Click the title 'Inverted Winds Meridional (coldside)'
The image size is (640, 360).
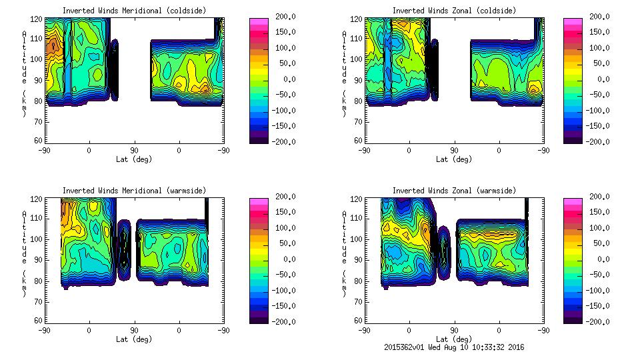tap(134, 11)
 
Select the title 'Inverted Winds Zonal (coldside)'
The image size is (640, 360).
tap(454, 11)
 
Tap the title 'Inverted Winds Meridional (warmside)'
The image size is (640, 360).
tap(134, 191)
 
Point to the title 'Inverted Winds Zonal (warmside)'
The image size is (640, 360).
tap(454, 191)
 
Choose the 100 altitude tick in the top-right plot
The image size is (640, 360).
tap(357, 59)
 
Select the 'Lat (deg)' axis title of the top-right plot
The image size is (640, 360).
tap(454, 159)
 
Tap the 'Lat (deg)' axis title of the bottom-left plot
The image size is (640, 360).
tap(134, 339)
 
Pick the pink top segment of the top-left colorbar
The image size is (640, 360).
tap(259, 21)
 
